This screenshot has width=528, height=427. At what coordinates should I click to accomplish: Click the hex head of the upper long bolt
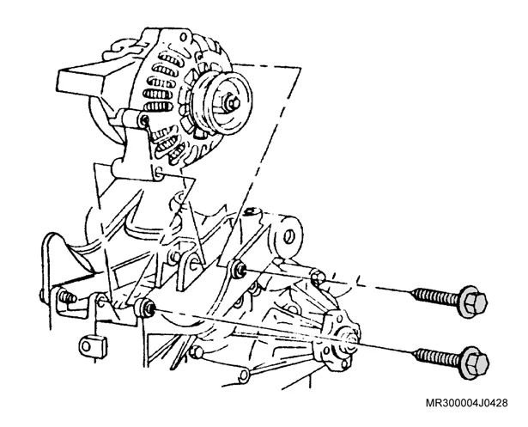(x=472, y=302)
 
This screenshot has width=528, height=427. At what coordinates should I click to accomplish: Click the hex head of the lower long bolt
(x=475, y=363)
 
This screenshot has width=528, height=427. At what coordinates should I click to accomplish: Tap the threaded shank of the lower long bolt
(x=437, y=357)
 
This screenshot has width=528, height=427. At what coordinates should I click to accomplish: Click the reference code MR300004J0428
(x=467, y=403)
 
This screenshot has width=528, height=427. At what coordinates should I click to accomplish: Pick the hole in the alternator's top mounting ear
(x=184, y=37)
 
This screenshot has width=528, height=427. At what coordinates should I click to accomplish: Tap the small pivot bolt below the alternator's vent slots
(x=145, y=119)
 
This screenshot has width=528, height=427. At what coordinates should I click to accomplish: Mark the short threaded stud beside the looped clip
(x=67, y=297)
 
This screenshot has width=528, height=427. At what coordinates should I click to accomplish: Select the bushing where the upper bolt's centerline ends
(x=239, y=269)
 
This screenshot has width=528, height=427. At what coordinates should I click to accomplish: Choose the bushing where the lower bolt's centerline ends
(x=146, y=307)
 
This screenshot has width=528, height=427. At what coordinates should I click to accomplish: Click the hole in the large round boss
(x=288, y=237)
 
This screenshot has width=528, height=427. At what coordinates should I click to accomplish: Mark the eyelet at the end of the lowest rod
(x=243, y=374)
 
